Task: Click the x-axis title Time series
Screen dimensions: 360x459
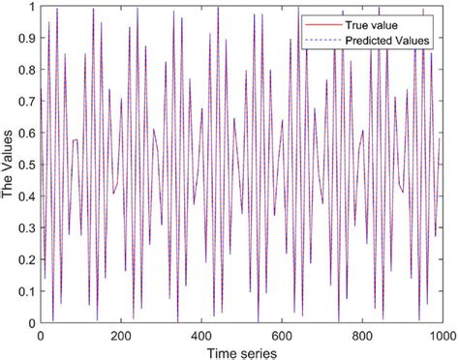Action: pos(241,350)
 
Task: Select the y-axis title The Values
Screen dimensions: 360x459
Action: pos(9,165)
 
